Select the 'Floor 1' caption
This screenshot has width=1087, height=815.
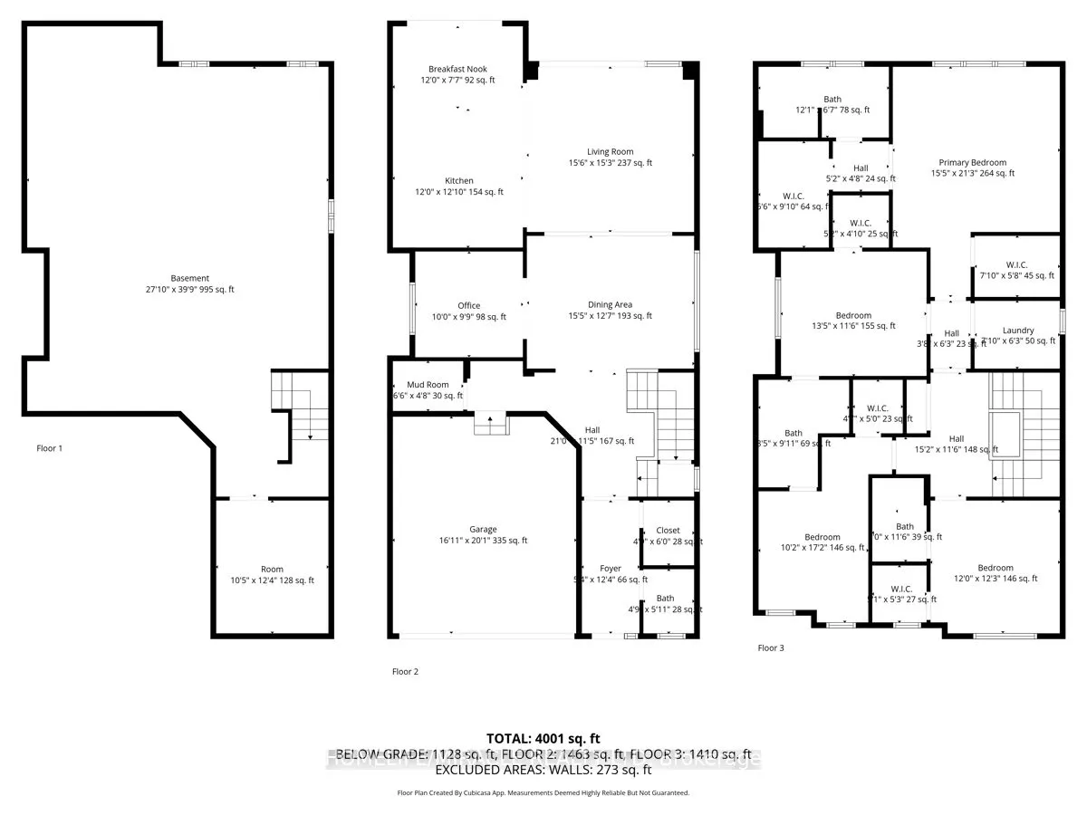point(49,448)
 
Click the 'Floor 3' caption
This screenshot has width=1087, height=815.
point(771,647)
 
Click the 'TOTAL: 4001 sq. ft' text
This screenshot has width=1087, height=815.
point(543,739)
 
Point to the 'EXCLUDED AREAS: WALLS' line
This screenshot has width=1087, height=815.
point(543,771)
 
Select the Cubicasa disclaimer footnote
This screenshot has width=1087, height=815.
point(543,792)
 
